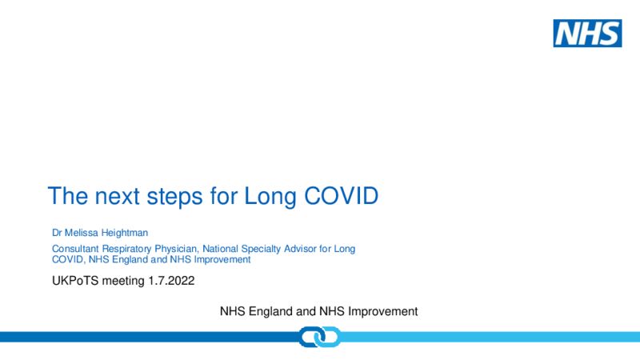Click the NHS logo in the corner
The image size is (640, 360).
tap(587, 33)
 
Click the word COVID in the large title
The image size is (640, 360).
tap(342, 196)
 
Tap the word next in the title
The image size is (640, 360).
tap(117, 196)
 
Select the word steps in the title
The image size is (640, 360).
tap(174, 198)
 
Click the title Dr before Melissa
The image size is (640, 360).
tap(57, 233)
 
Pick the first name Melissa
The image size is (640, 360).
tap(82, 233)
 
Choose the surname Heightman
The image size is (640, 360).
tap(125, 233)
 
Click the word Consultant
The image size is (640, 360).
tap(75, 249)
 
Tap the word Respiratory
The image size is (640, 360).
tap(126, 249)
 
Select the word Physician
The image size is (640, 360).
tap(176, 249)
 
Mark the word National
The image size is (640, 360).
tap(221, 249)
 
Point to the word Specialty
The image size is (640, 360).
tap(261, 249)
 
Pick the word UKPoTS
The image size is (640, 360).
tap(75, 281)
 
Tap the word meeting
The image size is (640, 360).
tap(123, 282)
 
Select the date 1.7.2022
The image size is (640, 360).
tap(171, 281)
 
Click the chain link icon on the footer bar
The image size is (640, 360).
tap(319, 337)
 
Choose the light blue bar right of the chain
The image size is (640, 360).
tap(490, 337)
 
